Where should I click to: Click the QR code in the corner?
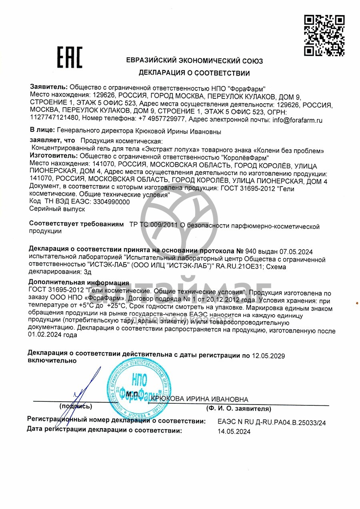pos(324,35)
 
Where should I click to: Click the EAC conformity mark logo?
pos(69,57)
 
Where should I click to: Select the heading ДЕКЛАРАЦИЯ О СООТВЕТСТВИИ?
pos(194,73)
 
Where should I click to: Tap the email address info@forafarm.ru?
pos(297,119)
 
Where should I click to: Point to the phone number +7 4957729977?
pos(162,119)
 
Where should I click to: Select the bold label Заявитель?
pos(49,87)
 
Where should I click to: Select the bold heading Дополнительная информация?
pos(79,283)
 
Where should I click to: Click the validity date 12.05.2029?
pos(268,356)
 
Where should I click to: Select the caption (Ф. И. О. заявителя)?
pos(238,409)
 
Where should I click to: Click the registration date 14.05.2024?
pos(234,431)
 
